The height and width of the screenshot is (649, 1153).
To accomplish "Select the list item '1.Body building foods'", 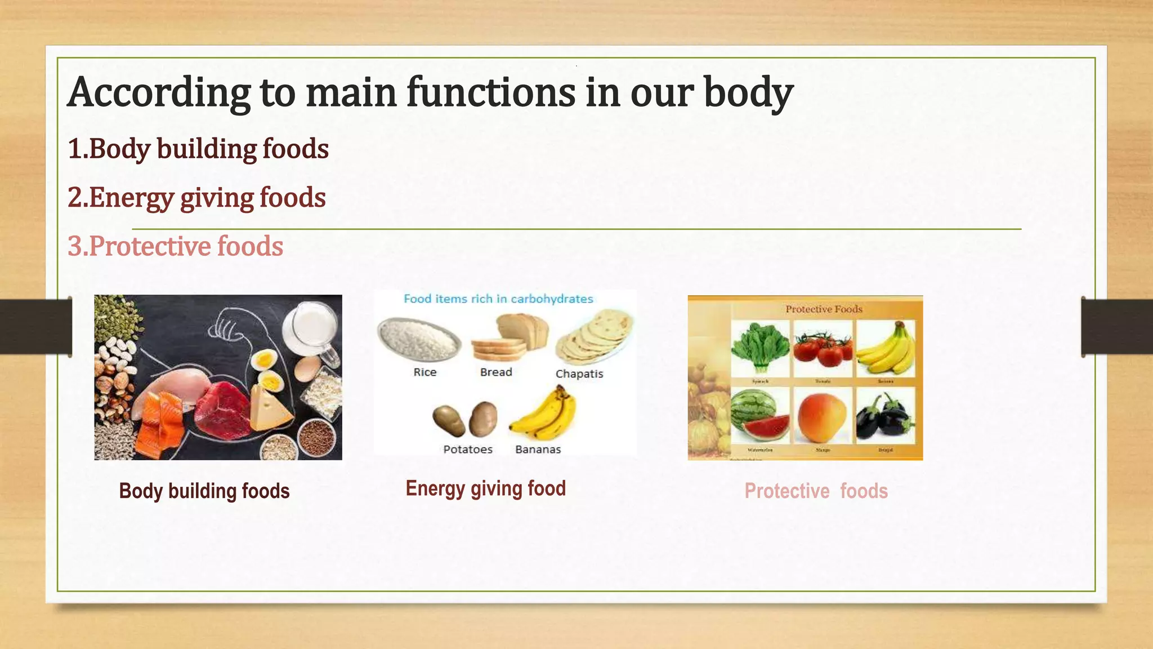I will pyautogui.click(x=198, y=149).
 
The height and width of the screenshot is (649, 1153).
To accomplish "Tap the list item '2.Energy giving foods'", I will pyautogui.click(x=196, y=198).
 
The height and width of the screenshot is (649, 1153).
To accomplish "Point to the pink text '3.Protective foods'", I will pyautogui.click(x=175, y=247).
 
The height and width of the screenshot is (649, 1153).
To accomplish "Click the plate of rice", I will pyautogui.click(x=418, y=340).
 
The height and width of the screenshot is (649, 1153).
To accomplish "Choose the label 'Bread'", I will pyautogui.click(x=496, y=372).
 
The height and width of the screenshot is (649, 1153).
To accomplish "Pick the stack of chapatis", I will pyautogui.click(x=594, y=337).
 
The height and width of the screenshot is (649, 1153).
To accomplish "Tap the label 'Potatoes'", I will pyautogui.click(x=467, y=450).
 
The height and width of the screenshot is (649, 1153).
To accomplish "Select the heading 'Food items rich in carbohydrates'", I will pyautogui.click(x=498, y=299).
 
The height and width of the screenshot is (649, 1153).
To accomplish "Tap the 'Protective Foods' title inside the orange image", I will pyautogui.click(x=824, y=309).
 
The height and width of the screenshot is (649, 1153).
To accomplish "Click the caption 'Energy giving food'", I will pyautogui.click(x=485, y=488).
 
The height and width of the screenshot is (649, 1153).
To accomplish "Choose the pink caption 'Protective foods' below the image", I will pyautogui.click(x=816, y=491).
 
